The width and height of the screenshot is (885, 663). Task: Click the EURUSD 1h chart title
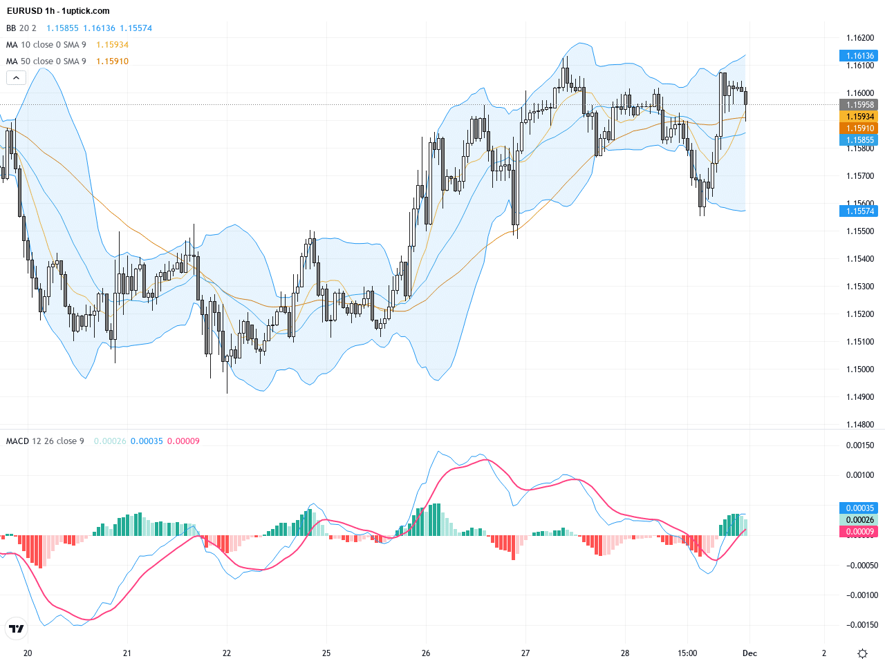(58, 11)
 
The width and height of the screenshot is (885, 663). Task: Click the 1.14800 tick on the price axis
(860, 425)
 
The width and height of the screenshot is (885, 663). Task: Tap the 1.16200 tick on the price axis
(860, 38)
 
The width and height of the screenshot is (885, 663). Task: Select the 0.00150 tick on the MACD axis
(860, 445)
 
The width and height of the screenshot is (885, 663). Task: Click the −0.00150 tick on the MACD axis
(860, 625)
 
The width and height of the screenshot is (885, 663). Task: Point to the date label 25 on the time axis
(326, 653)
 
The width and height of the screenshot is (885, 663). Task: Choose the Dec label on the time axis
(750, 653)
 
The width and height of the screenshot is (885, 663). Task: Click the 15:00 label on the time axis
(687, 653)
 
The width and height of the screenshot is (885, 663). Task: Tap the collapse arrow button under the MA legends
(16, 78)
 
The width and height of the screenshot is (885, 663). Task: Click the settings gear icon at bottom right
(862, 653)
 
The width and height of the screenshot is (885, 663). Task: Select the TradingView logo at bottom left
(16, 628)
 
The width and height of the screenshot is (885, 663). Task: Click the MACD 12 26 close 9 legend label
(45, 441)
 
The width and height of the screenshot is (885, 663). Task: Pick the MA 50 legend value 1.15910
(112, 61)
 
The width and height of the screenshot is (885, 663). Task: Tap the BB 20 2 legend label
(21, 28)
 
